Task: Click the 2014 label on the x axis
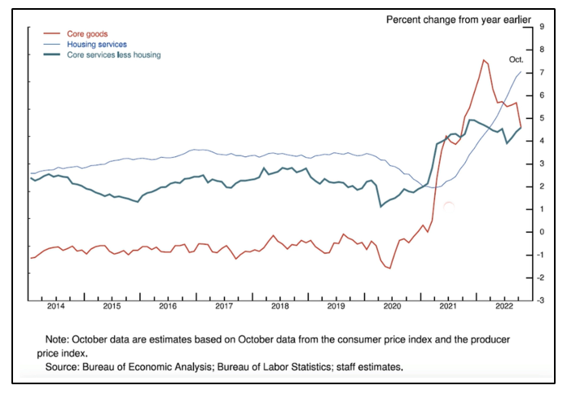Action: point(55,307)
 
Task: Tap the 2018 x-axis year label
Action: point(279,307)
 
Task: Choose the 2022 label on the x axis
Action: point(503,307)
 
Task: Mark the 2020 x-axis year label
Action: point(392,307)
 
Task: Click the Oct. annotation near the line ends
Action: point(516,59)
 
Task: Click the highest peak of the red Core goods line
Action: point(484,59)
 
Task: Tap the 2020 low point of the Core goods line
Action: point(389,268)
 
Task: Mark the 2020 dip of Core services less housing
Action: point(381,207)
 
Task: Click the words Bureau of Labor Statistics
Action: point(270,368)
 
